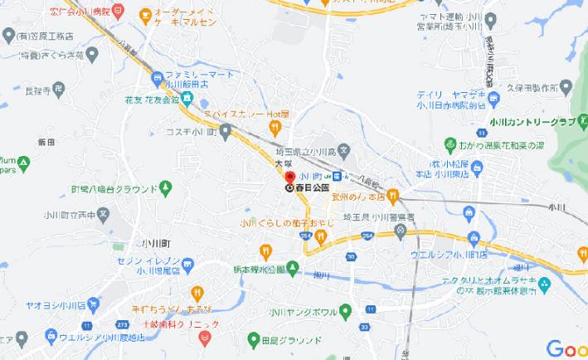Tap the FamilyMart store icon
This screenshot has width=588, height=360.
157,77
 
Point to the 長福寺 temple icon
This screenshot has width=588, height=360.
57,87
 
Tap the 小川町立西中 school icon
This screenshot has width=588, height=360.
103,213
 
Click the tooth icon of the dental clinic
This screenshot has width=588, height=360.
202,336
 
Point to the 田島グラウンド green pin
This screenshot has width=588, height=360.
254,338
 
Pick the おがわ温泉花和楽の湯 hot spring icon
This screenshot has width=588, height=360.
450,144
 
